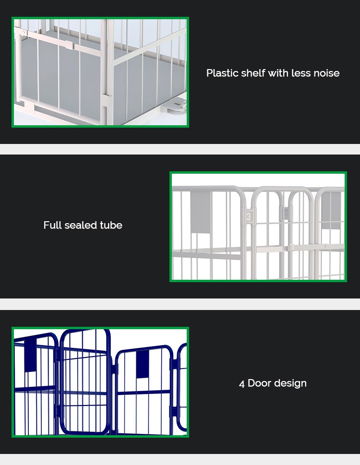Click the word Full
tap(52, 225)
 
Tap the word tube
tap(111, 225)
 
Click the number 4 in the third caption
tap(242, 383)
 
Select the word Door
tap(260, 383)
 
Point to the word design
tap(290, 383)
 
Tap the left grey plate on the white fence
tap(200, 212)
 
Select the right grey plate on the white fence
tap(331, 211)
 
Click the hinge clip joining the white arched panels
tap(249, 215)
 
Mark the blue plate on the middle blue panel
tap(143, 364)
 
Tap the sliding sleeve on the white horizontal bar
tap(69, 46)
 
